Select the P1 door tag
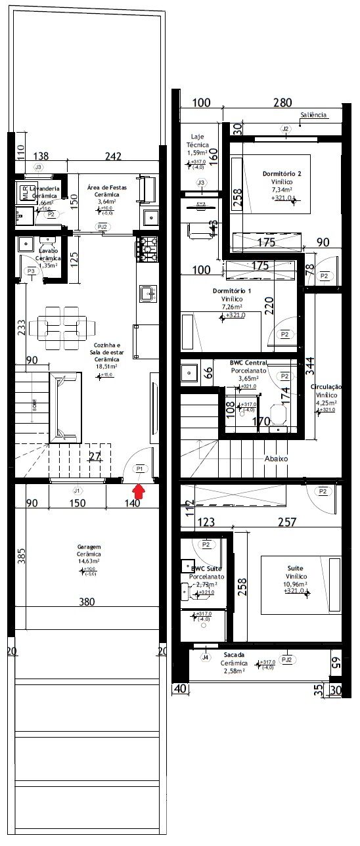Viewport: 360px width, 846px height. [139, 468]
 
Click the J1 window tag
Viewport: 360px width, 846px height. [77, 490]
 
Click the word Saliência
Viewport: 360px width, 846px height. [313, 115]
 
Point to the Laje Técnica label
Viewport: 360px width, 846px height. [198, 141]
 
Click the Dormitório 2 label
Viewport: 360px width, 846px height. [282, 174]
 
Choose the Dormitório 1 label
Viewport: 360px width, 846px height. [232, 290]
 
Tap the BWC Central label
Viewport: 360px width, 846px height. [248, 362]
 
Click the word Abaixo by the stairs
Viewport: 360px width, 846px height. [277, 458]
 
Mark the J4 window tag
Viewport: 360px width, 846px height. [206, 657]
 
